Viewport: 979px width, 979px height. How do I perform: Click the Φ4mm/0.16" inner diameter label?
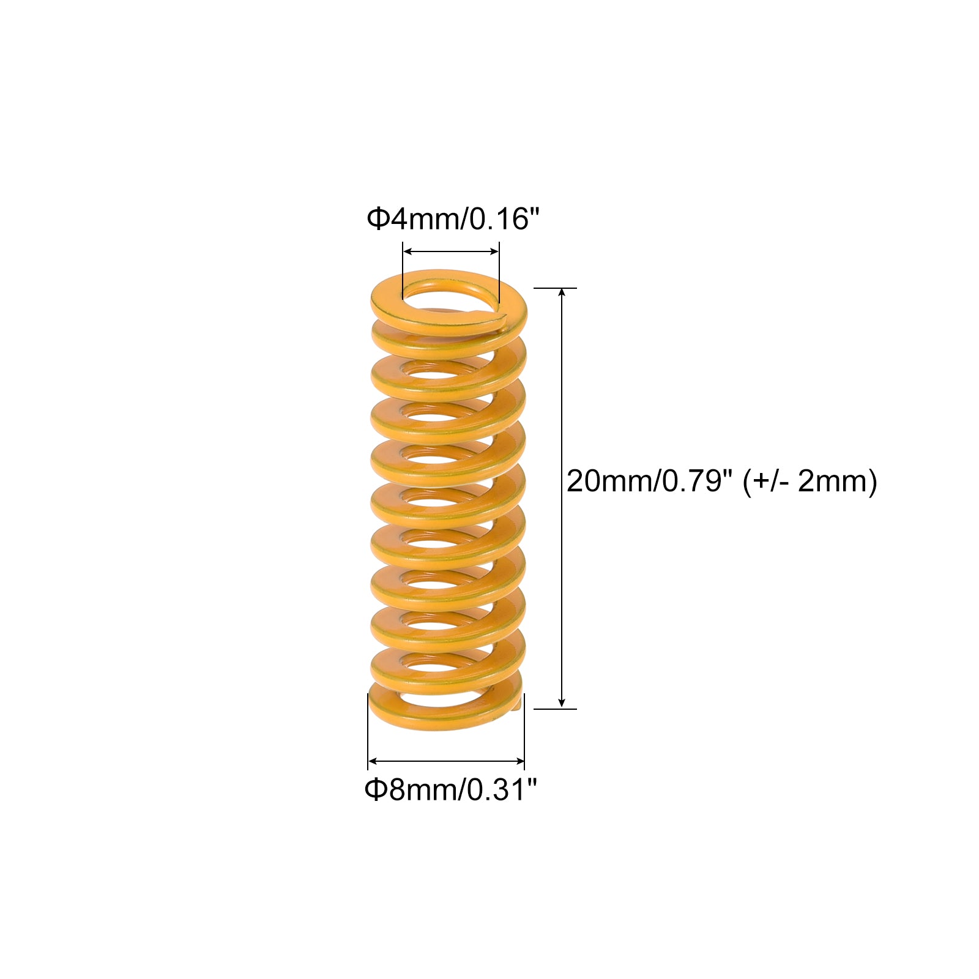(453, 218)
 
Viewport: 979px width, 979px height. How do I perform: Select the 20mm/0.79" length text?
(649, 481)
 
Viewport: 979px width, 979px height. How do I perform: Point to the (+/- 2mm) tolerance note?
(810, 482)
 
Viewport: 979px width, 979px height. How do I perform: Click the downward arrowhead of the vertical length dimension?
(562, 703)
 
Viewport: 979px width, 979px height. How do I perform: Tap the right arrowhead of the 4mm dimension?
(494, 251)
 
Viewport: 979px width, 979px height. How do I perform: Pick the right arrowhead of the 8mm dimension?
(519, 761)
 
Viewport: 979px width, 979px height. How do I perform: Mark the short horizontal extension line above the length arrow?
(556, 288)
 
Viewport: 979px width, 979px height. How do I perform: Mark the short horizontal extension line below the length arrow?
(556, 709)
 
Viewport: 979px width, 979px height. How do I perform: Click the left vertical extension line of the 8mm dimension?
(368, 731)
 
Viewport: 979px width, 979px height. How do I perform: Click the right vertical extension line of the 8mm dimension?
(524, 731)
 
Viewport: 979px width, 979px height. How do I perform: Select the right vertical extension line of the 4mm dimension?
(499, 272)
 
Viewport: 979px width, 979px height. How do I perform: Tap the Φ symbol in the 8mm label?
(375, 790)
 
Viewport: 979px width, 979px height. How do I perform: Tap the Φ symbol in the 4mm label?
(378, 219)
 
